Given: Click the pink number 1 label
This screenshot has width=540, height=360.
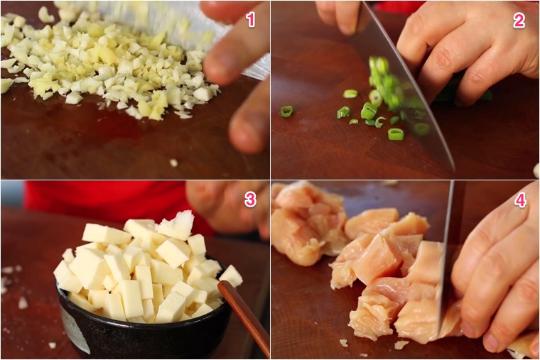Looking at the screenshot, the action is point(251,21).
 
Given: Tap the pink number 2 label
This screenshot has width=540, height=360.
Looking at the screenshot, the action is point(519,21).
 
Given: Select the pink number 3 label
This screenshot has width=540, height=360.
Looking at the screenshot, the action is point(250,200).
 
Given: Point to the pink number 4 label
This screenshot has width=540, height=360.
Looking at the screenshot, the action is point(520,200).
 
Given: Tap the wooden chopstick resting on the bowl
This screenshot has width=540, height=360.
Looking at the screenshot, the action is point(244,317).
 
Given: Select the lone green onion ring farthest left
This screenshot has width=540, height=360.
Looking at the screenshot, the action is point(286,111).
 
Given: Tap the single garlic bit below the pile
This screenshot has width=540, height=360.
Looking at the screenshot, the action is point(173,163).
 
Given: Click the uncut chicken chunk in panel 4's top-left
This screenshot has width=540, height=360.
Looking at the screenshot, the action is point(306,224).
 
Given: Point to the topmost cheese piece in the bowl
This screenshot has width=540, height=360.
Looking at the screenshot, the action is point(175,225).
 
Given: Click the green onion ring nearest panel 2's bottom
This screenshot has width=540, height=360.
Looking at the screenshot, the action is point(396,134).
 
